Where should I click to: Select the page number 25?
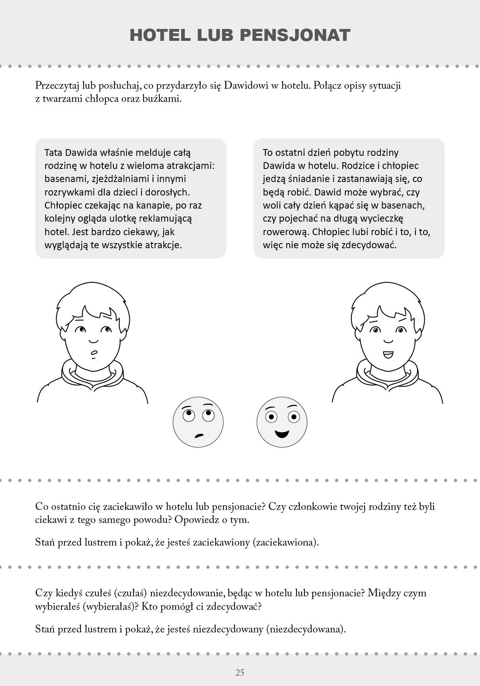(x=240, y=673)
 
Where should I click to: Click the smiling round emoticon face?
(x=282, y=422)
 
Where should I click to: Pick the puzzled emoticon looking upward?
(x=198, y=422)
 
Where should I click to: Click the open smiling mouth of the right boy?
(x=388, y=354)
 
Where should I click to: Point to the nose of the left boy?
(x=93, y=340)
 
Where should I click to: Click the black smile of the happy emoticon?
(x=282, y=433)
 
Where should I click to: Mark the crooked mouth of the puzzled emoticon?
(x=199, y=435)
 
